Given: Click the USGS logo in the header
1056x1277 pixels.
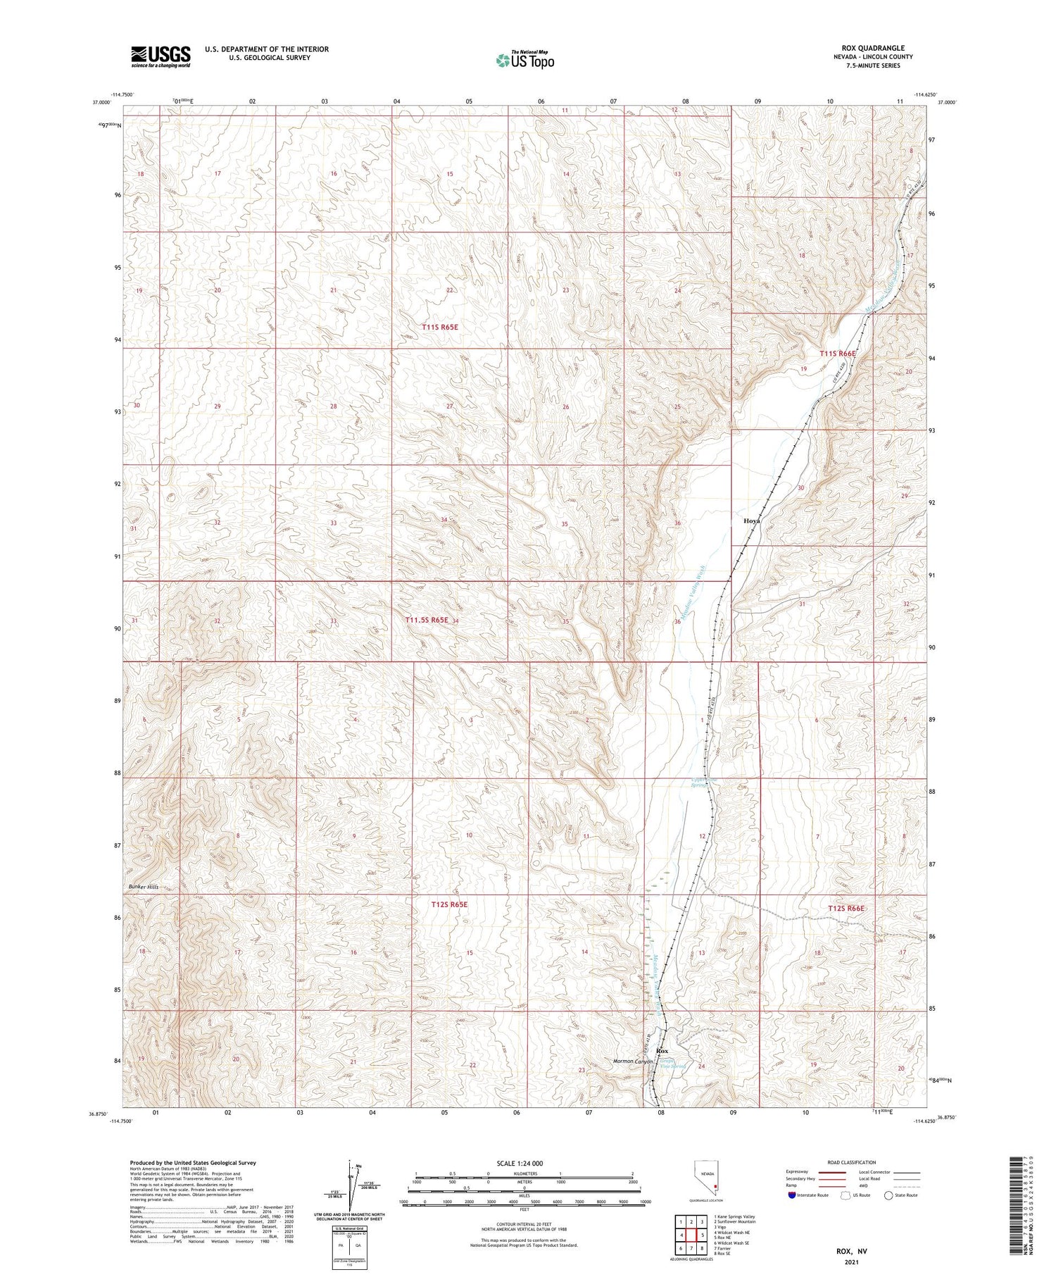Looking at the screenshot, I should point(161,56).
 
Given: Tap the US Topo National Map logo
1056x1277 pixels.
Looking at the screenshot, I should point(524,61).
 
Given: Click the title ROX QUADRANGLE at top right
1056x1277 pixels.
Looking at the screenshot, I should point(872,48).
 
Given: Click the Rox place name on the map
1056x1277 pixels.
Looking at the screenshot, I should point(662,1051).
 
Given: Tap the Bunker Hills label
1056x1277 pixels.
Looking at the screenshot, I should point(144,887).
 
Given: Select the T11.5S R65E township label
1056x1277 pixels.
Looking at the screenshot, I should point(427,620).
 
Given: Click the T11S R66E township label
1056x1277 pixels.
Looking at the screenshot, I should point(838,354).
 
